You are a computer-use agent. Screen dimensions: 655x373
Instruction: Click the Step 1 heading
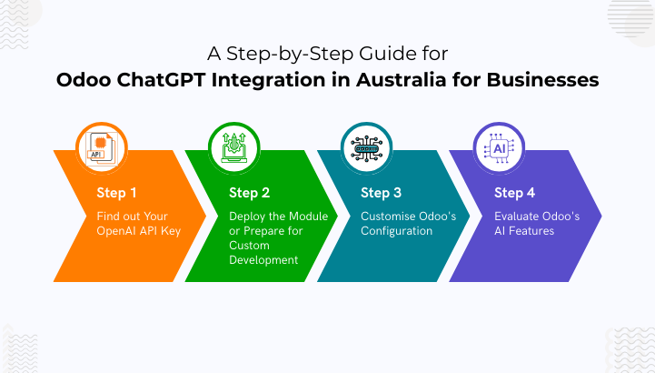pos(116,193)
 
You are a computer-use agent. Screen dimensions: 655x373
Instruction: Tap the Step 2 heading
pos(250,193)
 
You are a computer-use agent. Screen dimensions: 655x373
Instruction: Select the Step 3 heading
pos(381,193)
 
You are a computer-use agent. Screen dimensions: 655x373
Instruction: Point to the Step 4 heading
pos(514,193)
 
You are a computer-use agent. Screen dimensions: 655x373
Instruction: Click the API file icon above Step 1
pos(102,148)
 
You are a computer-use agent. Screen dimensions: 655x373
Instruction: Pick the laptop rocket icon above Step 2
pos(234,148)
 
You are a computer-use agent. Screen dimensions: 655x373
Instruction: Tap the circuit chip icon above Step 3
pos(366,148)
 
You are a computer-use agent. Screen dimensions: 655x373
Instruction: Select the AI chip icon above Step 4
pos(499,148)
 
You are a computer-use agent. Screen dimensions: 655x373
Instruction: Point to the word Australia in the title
pos(402,80)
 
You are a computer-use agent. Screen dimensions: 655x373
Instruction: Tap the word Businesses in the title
pos(542,80)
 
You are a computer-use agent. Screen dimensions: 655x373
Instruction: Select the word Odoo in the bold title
pos(84,80)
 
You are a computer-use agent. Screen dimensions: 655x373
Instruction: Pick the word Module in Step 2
pos(308,217)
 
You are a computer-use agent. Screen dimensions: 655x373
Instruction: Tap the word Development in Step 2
pos(263,260)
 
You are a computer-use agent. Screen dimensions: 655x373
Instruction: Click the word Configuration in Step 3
pos(396,231)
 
